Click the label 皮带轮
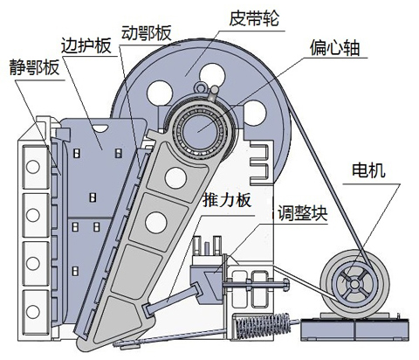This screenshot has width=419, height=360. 254,18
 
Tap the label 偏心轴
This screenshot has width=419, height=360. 334,47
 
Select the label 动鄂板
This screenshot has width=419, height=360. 146,32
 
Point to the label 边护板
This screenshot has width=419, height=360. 86,45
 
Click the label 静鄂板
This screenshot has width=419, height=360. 34,67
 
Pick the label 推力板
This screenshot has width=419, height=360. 227,200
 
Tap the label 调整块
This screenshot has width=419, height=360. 303,213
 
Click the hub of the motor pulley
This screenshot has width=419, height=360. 354,284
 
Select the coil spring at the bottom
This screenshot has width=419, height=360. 263,325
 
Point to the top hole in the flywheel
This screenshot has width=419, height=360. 212,76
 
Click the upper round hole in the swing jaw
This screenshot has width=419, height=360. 175,177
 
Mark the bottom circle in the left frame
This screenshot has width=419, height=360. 33,311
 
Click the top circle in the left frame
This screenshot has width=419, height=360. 33,167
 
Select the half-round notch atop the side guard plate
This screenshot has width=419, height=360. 100,128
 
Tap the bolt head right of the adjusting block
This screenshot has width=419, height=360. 285,285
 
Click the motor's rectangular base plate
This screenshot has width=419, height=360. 354,329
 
